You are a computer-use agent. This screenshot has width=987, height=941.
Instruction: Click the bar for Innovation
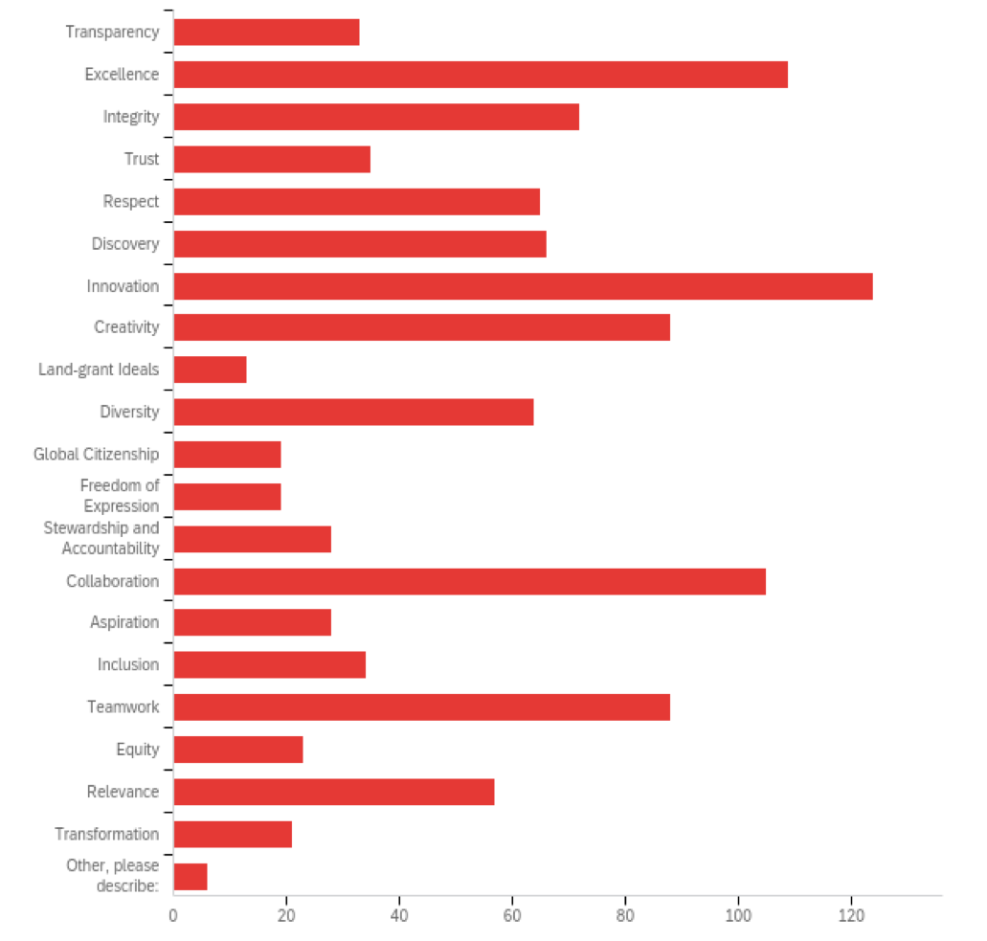pos(523,286)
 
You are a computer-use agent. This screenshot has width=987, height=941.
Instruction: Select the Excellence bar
pos(481,75)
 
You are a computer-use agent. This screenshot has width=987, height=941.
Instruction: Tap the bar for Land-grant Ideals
pos(210,370)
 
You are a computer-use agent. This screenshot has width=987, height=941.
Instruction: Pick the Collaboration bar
pos(469,581)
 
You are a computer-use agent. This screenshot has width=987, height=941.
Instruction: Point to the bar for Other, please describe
pos(191,877)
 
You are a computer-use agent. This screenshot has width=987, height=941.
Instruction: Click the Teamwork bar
pos(421,707)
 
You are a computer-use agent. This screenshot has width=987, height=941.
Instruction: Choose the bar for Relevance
pos(334,792)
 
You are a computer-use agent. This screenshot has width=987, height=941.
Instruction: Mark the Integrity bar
pos(376,117)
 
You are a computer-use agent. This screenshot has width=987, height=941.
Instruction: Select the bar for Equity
pos(238,750)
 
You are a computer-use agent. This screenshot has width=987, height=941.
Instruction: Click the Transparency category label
pos(112,33)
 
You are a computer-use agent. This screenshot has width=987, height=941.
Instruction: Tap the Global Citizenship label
pos(96,454)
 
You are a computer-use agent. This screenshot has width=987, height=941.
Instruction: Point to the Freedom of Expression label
pos(120,496)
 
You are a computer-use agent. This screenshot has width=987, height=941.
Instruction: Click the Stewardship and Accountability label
pos(101,538)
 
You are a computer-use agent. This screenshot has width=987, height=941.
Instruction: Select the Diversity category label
pos(129,412)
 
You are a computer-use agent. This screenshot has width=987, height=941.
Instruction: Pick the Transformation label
pos(106,834)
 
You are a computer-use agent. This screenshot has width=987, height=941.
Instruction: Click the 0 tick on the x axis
pos(173,915)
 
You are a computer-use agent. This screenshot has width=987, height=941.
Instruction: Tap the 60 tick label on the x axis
pos(512,915)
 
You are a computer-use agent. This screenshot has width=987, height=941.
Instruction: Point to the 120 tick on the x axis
pos(851,915)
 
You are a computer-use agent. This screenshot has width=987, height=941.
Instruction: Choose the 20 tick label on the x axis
pos(286,915)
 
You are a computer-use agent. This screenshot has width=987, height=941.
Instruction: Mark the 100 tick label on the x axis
pos(738,915)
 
